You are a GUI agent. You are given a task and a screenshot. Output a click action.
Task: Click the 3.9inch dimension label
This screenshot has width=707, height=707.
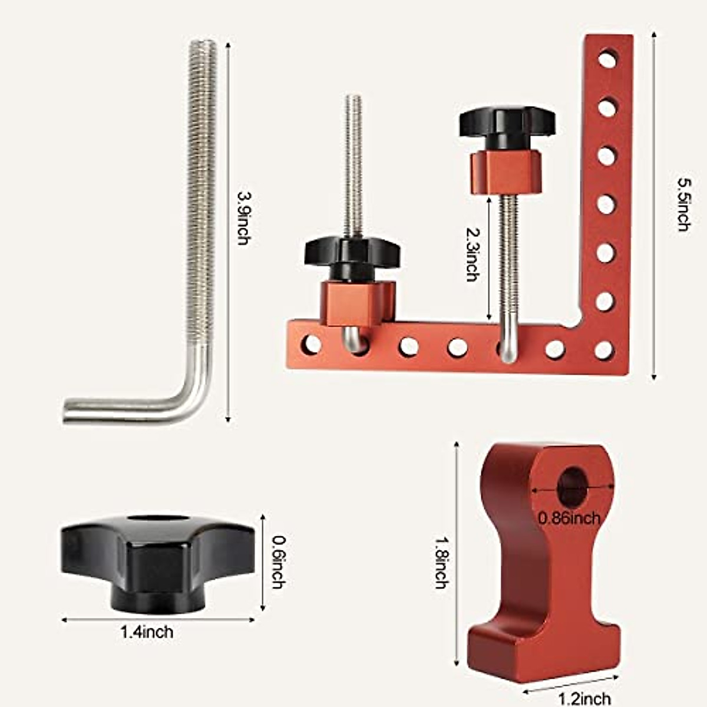[243, 217]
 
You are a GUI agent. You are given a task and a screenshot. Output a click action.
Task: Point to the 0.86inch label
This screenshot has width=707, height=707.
[569, 518]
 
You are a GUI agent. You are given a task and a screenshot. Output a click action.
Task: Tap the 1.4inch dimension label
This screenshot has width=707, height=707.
[147, 632]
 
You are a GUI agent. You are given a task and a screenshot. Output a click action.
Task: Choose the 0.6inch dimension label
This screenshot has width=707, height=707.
[277, 561]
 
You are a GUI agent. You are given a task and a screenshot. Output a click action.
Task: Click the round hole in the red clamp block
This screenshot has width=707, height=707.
[572, 487]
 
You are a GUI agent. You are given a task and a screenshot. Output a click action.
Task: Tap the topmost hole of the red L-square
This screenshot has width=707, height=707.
[606, 60]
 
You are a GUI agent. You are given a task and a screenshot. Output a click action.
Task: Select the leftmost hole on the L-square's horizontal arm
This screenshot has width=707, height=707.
[310, 344]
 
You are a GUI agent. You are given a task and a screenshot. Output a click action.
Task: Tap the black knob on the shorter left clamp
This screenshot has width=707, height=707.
[352, 253]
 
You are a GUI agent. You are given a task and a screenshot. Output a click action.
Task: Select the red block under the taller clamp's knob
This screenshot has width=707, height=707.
[506, 171]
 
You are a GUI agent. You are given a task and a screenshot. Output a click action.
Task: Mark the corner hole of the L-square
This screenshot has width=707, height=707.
[604, 350]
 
